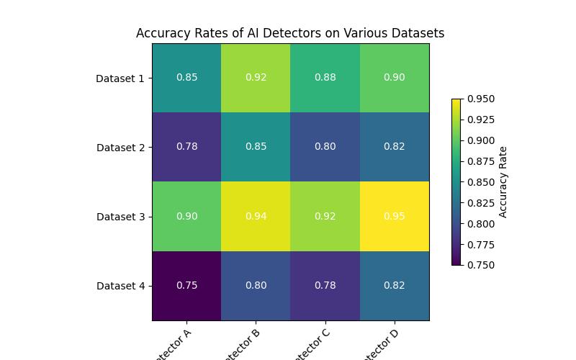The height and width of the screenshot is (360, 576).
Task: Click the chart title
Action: coord(290,33)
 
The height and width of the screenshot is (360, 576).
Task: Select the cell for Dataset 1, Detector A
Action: coord(186,78)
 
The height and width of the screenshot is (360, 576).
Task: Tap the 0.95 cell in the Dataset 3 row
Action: coord(395,216)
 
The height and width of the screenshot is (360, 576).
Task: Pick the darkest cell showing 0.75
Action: coord(186,285)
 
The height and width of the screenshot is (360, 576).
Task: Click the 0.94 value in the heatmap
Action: coord(256,216)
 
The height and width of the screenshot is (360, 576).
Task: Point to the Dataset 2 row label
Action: coord(120,148)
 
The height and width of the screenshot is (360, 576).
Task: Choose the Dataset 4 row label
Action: coord(120,286)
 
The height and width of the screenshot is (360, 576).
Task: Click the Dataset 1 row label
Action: coord(120,78)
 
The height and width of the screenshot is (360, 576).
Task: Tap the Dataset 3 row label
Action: coord(120,217)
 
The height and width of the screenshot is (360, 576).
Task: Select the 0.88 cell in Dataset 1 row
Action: coord(325,78)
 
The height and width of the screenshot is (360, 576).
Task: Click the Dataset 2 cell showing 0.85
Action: coord(256,147)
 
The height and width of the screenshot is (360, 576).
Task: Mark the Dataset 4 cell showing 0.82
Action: coord(395,285)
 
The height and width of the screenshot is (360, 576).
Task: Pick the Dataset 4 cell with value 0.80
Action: coord(256,285)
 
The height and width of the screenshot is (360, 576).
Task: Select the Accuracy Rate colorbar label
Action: coord(503,181)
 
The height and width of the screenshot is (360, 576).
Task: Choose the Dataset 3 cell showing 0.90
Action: coord(186,216)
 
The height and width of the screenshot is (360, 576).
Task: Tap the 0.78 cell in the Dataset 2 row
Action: coord(186,147)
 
